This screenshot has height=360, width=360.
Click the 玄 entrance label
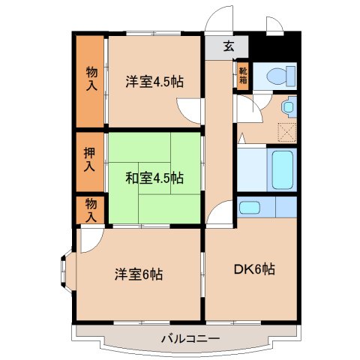click(x=229, y=46)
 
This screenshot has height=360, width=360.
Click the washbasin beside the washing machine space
click(x=289, y=108)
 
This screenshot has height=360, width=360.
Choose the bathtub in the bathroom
click(x=282, y=169)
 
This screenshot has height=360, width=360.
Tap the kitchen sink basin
click(x=247, y=206)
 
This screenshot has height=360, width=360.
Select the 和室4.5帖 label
click(x=154, y=178)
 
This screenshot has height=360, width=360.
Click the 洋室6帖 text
click(x=139, y=274)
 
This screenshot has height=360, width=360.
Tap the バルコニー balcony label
click(x=190, y=339)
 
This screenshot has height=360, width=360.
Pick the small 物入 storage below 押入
click(x=91, y=210)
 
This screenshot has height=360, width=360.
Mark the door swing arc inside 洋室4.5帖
click(x=191, y=112)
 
